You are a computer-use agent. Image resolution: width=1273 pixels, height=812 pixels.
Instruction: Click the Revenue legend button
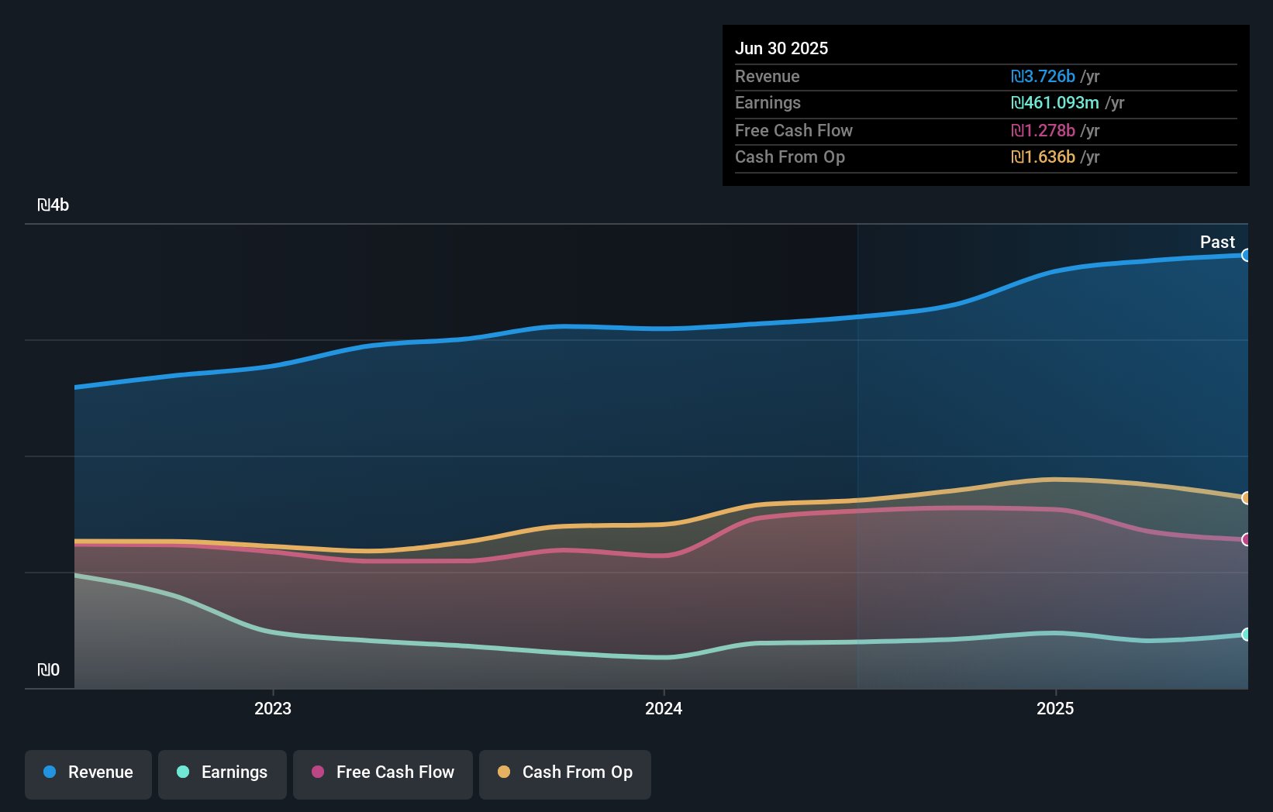[88, 773]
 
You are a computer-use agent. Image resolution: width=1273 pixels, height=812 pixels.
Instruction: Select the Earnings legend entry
[223, 773]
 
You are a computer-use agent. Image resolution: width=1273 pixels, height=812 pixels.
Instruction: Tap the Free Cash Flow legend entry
[383, 773]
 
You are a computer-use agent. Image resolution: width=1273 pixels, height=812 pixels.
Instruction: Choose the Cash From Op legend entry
[565, 773]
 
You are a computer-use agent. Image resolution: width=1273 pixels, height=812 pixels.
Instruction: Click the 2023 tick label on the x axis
[273, 708]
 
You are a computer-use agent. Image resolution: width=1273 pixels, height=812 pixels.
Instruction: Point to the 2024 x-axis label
[664, 708]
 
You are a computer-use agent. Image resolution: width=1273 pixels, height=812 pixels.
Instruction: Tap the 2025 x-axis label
[1055, 708]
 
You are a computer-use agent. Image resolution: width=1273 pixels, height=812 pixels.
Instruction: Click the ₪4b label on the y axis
[53, 205]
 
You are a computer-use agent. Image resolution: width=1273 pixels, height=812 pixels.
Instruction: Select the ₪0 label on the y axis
[49, 670]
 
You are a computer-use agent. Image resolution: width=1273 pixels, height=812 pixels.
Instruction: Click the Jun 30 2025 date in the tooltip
[781, 49]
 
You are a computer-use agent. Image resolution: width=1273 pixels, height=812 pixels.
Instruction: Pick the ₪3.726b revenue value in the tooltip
[1043, 77]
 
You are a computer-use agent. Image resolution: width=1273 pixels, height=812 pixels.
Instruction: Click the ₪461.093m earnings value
[1054, 103]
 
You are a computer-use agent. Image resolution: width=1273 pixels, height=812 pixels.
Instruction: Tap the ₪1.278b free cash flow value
[1043, 131]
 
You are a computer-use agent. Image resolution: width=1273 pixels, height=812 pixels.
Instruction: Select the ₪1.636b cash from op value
[1043, 157]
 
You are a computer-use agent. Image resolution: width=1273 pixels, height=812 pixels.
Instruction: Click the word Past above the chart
[1217, 243]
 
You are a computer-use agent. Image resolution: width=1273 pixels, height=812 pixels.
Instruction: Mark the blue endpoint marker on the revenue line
[1246, 256]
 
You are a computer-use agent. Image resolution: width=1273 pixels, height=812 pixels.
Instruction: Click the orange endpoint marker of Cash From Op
[1246, 498]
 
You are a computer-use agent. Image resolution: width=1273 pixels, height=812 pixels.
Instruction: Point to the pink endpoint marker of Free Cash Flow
[1246, 539]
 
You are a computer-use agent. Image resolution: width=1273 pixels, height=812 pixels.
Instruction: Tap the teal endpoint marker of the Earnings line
[1246, 635]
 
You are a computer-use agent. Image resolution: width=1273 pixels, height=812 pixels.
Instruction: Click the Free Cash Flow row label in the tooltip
[793, 131]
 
